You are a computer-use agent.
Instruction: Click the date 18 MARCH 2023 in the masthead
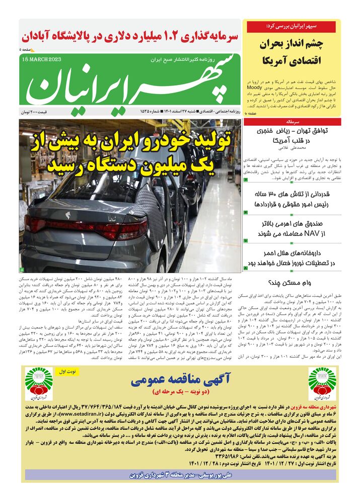tap(42, 60)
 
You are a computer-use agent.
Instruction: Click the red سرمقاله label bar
tap(292, 122)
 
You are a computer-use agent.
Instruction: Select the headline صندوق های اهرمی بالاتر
tap(292, 228)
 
